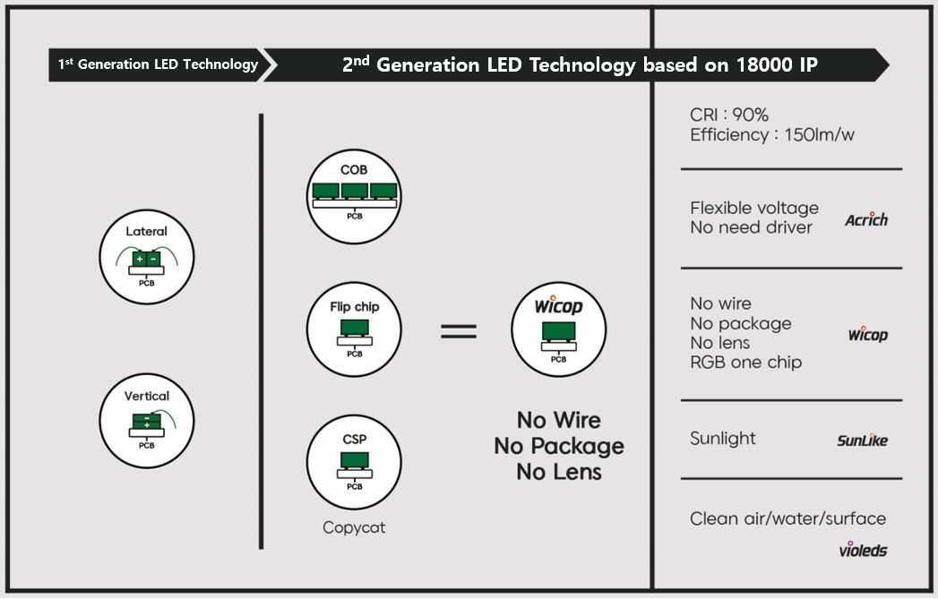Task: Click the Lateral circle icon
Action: [147, 257]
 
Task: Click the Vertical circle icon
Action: [147, 421]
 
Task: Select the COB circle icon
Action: [354, 197]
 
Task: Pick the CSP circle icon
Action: [354, 461]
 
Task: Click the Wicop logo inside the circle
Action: [558, 306]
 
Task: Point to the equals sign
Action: [459, 331]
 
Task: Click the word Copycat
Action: [354, 527]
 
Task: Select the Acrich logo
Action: [866, 219]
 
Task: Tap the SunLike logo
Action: [862, 440]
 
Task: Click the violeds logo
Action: [863, 548]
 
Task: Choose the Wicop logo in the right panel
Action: [867, 335]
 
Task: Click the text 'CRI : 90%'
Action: [729, 116]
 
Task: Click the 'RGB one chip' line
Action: [745, 363]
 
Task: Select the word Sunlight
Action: [723, 439]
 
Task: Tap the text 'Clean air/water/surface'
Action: [787, 518]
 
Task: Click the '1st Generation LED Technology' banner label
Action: [158, 64]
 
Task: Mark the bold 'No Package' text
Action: [558, 446]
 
